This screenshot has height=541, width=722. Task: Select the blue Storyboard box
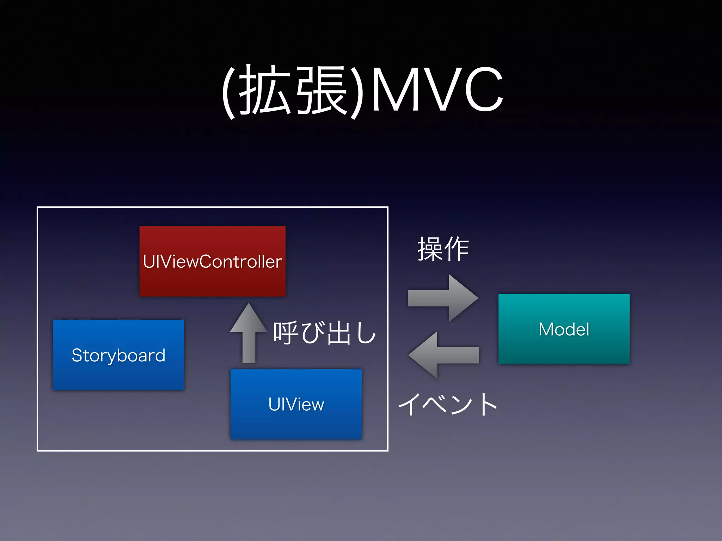tap(118, 373)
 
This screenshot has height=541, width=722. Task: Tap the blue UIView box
tap(296, 423)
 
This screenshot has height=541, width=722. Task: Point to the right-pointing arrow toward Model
tap(443, 298)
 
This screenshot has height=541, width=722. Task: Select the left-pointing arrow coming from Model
tap(443, 355)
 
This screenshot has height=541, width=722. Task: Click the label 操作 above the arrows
tap(443, 249)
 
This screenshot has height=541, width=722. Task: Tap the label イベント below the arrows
tap(448, 404)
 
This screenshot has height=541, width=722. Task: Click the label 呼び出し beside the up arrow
tap(324, 332)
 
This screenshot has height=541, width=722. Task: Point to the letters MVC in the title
tap(437, 90)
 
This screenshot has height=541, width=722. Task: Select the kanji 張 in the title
tap(322, 90)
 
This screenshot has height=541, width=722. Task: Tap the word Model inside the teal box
tap(564, 329)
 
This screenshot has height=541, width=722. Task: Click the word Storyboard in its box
tap(118, 355)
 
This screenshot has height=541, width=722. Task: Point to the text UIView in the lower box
tap(296, 404)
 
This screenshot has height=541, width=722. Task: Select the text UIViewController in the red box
tap(212, 261)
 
